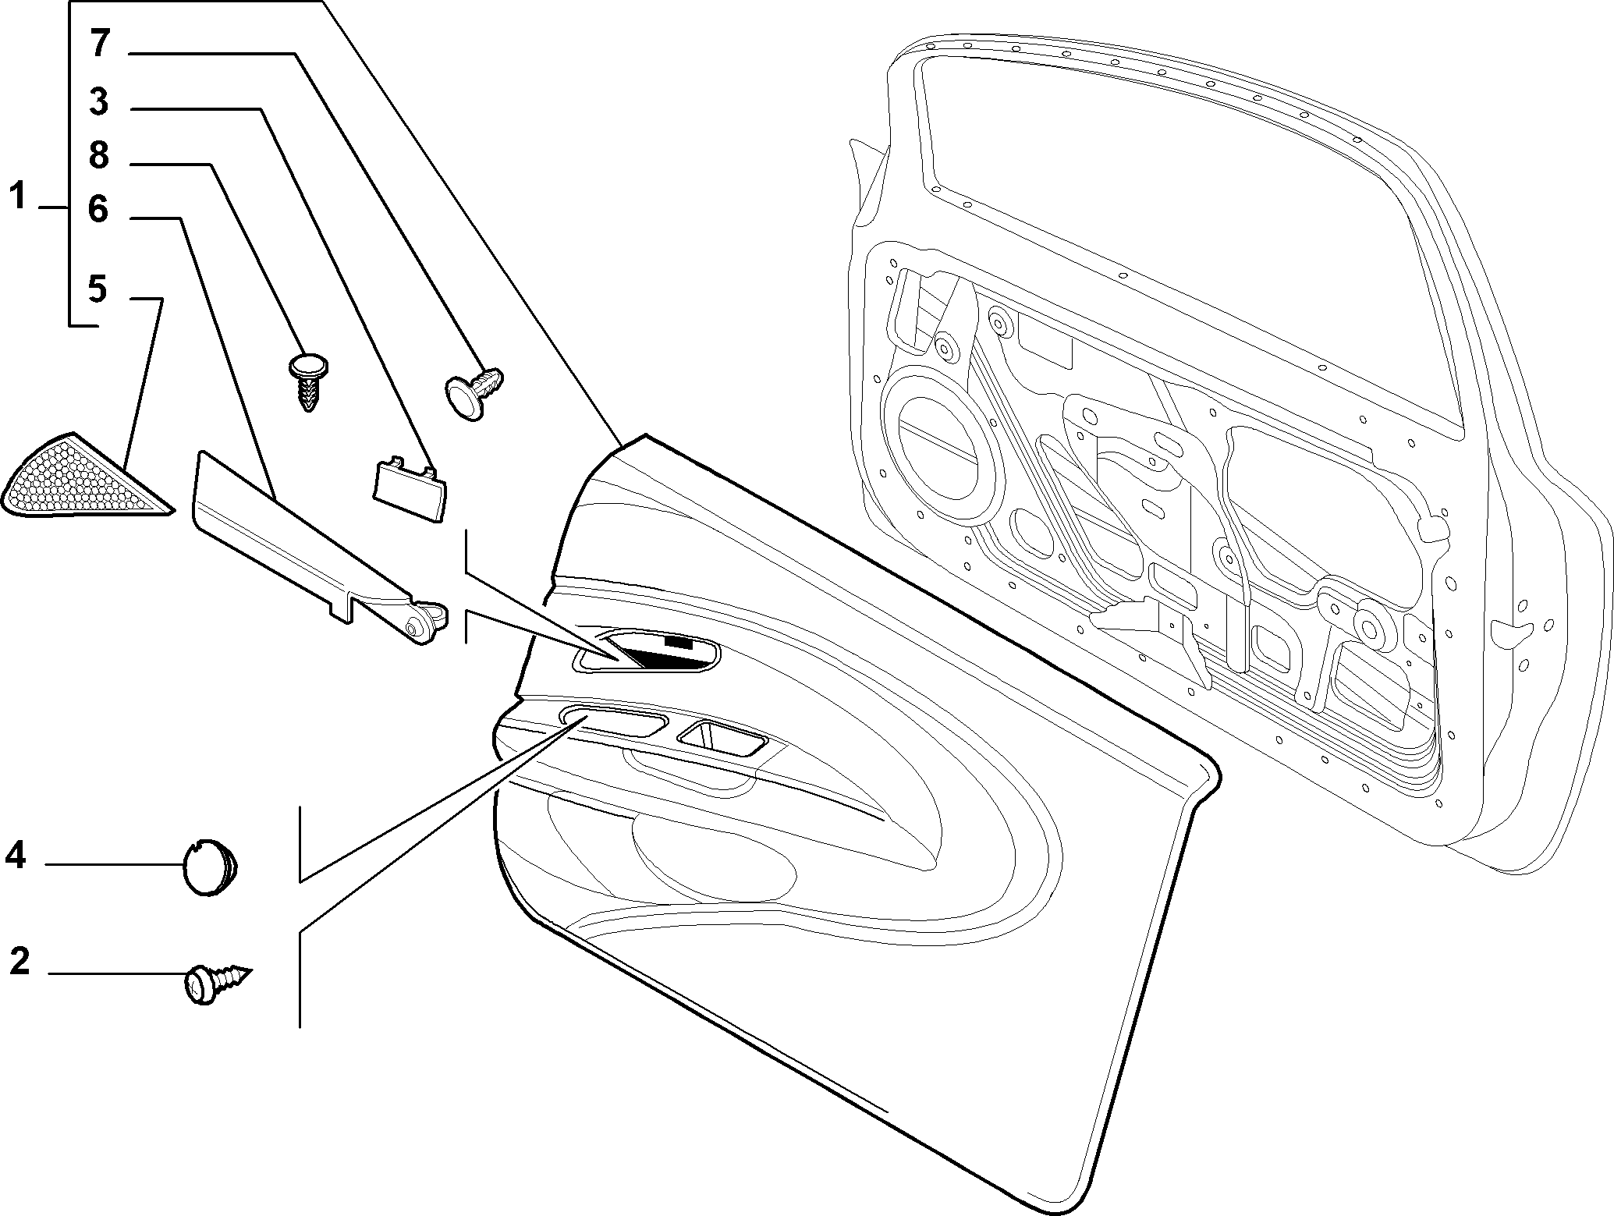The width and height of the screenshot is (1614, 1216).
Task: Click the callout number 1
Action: [18, 197]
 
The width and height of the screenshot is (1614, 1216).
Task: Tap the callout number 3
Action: [98, 102]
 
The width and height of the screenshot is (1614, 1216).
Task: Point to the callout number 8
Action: [98, 156]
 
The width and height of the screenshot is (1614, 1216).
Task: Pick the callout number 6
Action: [98, 209]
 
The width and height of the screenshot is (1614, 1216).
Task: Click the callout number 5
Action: [97, 289]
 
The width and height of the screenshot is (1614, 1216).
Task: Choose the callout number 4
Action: [16, 856]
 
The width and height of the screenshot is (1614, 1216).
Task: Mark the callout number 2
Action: [20, 961]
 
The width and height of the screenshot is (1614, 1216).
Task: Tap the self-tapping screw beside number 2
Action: [219, 980]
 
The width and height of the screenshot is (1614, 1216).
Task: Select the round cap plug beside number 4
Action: [209, 866]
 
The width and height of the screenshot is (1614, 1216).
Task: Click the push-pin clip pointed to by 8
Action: [309, 380]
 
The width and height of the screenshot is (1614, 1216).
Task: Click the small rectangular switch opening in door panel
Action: [721, 738]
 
